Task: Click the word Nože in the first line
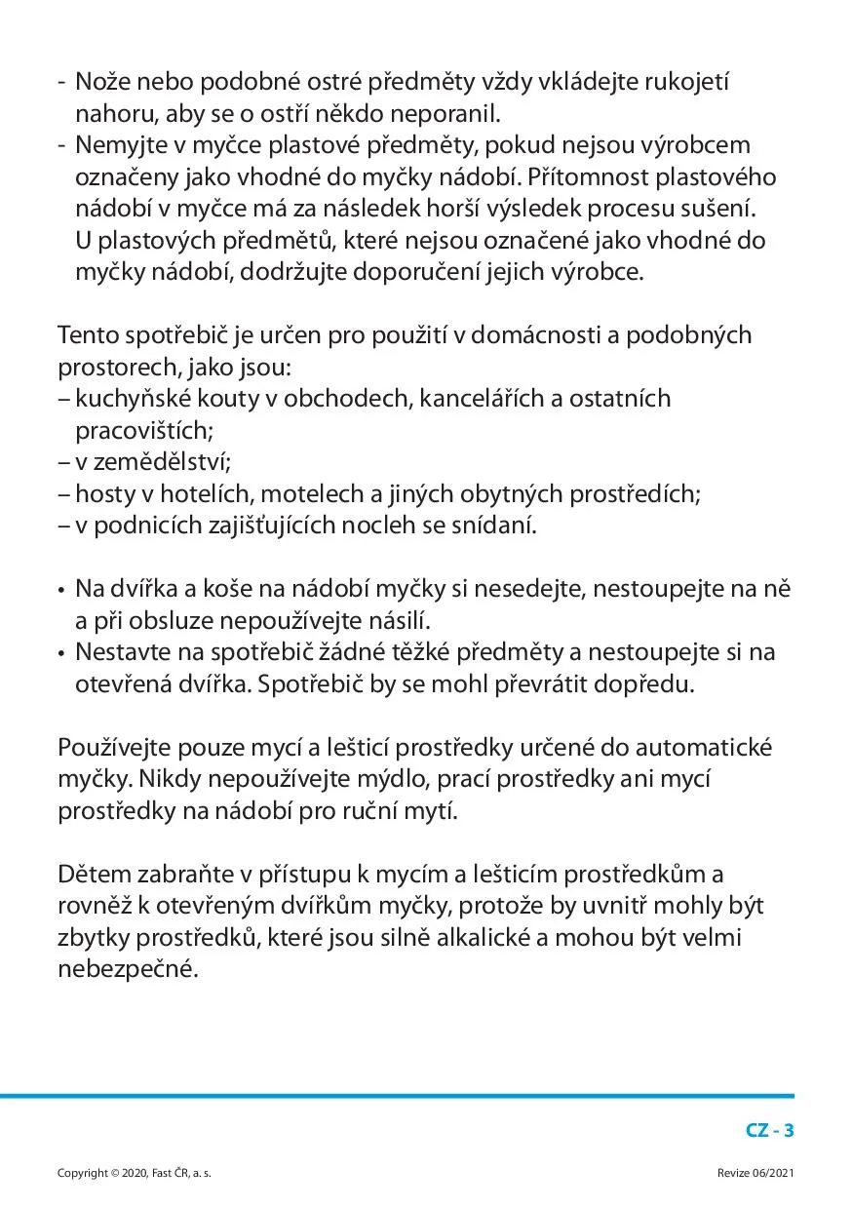100,82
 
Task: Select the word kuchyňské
123,399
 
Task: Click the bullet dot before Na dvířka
61,591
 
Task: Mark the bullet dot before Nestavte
61,654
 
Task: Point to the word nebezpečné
127,970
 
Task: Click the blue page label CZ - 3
770,1131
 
